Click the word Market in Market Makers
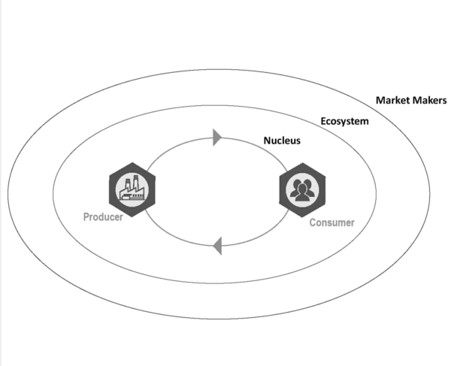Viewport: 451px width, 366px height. [392, 101]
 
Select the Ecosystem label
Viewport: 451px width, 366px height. [344, 120]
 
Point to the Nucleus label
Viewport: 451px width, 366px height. [282, 141]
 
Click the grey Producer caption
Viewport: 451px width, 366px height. [103, 216]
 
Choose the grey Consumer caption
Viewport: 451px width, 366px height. [331, 222]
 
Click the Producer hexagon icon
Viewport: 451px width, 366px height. [132, 188]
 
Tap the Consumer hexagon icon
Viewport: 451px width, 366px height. [302, 190]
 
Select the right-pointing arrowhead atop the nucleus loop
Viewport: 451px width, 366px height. [218, 137]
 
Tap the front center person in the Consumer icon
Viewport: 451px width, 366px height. [302, 193]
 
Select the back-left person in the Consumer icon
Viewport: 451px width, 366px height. [295, 187]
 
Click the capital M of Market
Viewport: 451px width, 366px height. [380, 101]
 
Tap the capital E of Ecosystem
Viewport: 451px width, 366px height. [324, 120]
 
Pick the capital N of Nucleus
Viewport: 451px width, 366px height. [267, 141]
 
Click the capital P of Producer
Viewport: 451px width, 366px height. [86, 216]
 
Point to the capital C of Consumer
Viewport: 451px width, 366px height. [313, 222]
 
